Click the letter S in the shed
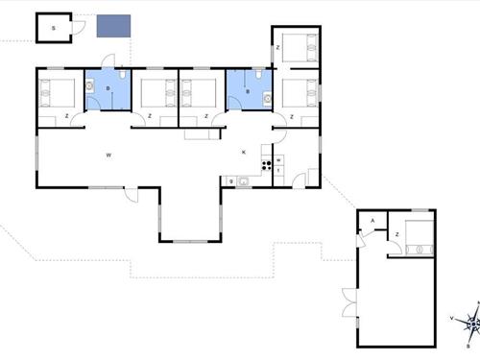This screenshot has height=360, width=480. (54, 29)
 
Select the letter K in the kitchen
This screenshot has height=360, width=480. (244, 152)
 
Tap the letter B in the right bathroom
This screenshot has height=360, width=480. (249, 93)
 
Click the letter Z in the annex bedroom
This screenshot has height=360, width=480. (396, 234)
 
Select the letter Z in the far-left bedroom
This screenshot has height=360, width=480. (67, 117)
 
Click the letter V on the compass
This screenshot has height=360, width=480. (451, 317)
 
